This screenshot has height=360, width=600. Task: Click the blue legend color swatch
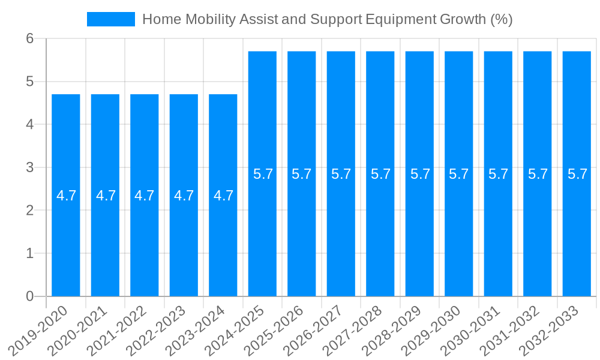[x=111, y=19]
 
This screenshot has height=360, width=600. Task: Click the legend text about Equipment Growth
[x=327, y=19]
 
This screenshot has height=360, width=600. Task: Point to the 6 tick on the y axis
[x=29, y=38]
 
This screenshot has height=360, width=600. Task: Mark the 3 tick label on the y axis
[x=29, y=167]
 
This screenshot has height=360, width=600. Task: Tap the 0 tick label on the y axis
[x=29, y=296]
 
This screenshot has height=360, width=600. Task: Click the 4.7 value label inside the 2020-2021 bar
[x=106, y=196]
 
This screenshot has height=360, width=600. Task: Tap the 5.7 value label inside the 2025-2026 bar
[x=302, y=174]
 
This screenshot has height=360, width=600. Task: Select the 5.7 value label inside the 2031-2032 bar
[x=538, y=174]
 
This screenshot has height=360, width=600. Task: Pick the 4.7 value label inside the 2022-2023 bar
[x=184, y=196]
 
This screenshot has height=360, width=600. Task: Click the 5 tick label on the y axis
[x=29, y=82]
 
